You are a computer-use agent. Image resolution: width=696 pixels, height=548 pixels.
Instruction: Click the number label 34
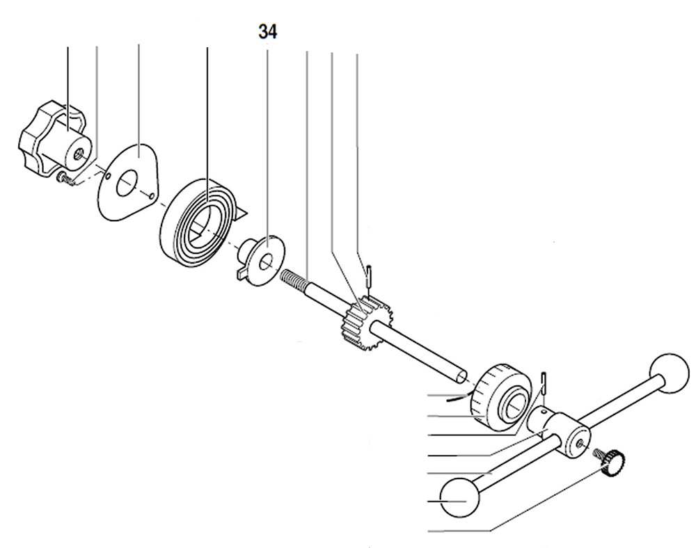(x=267, y=32)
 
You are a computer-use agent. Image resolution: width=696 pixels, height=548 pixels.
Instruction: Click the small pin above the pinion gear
(x=369, y=274)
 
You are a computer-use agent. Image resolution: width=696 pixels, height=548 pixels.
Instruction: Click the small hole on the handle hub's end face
(x=579, y=442)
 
